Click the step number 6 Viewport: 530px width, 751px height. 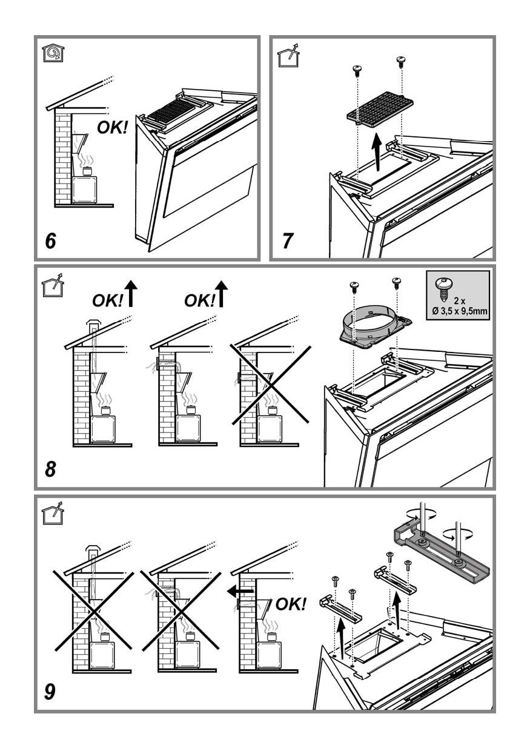pos(51,240)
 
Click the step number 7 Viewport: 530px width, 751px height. pos(288,240)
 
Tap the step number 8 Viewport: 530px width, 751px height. pos(51,469)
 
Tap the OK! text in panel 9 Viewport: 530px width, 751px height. pos(290,604)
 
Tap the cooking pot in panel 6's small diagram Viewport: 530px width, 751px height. pos(87,172)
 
